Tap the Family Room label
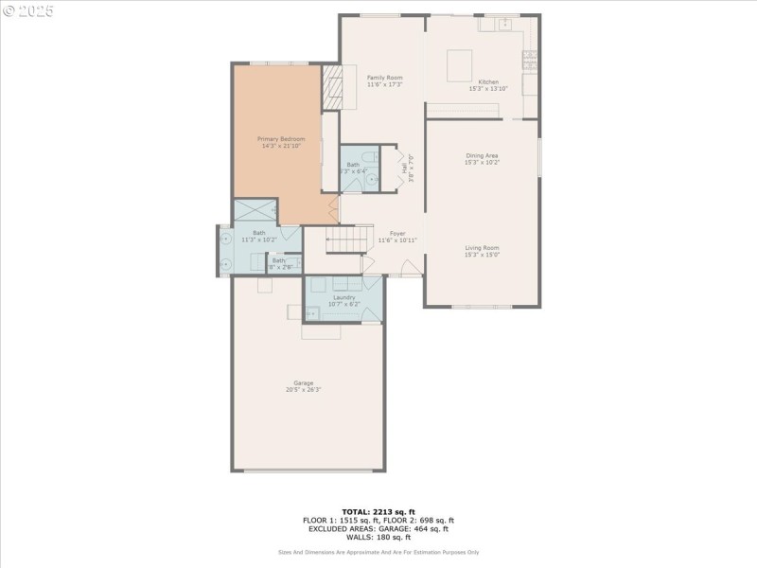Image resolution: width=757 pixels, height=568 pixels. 385,78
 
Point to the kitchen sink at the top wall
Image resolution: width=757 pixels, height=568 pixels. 505,24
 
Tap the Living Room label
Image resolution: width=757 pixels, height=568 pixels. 482,248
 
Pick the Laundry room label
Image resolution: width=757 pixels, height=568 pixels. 343,297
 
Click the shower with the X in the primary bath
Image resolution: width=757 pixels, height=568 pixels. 255,210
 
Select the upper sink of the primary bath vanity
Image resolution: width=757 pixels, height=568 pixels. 225,240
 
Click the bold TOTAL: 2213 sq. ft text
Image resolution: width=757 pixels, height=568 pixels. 378,510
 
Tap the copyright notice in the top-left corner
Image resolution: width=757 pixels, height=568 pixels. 27,10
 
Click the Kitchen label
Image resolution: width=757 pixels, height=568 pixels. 488,82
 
